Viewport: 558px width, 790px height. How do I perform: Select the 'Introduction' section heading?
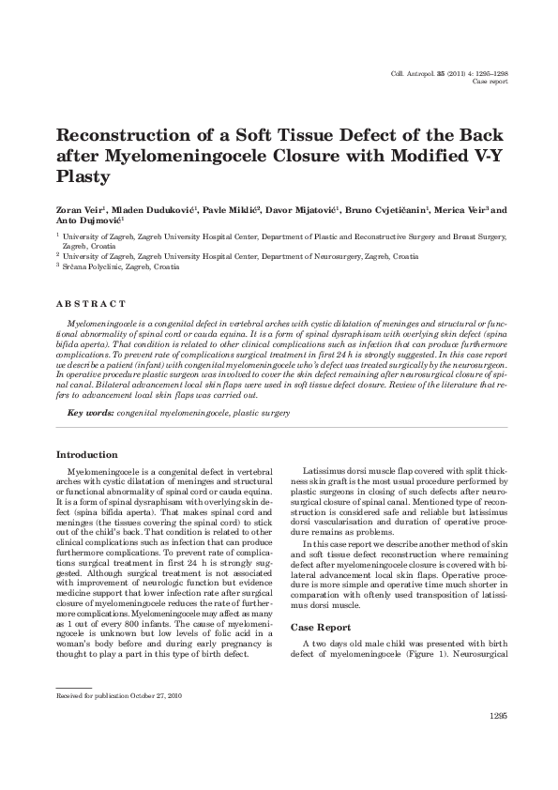pyautogui.click(x=88, y=454)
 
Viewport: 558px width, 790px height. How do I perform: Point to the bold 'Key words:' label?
pyautogui.click(x=91, y=413)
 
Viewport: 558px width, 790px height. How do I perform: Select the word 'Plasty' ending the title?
pyautogui.click(x=83, y=175)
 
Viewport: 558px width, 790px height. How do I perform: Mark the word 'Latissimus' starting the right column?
pyautogui.click(x=327, y=469)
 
